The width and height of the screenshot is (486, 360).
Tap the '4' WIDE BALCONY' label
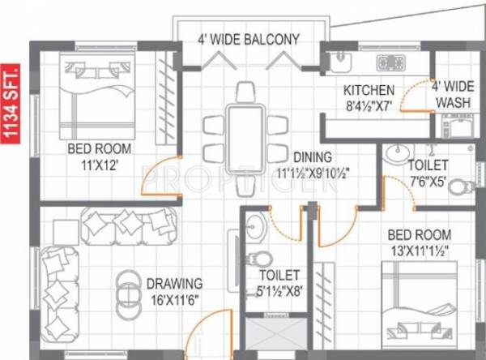pyautogui.click(x=249, y=38)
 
